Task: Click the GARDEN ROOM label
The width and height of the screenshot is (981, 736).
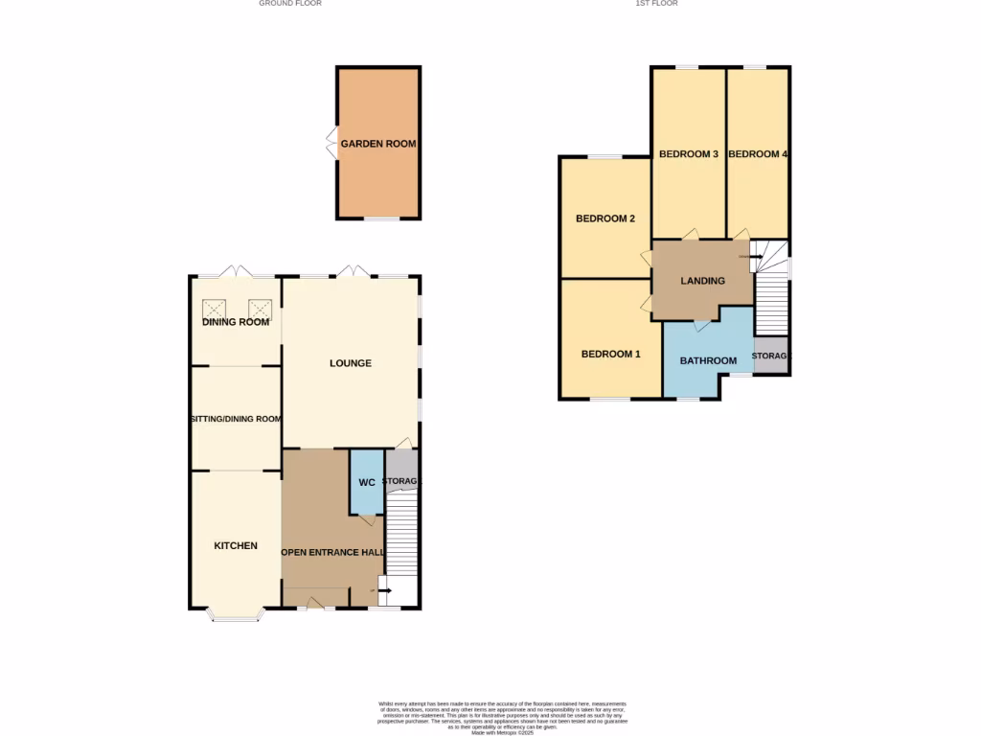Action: pyautogui.click(x=378, y=144)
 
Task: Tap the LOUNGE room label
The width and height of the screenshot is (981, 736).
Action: pyautogui.click(x=351, y=363)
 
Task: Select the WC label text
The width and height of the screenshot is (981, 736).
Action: pyautogui.click(x=367, y=482)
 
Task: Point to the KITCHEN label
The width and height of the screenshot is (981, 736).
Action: pyautogui.click(x=236, y=545)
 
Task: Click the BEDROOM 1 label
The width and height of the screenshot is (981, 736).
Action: pyautogui.click(x=611, y=354)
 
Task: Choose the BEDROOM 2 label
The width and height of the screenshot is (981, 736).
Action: pyautogui.click(x=605, y=218)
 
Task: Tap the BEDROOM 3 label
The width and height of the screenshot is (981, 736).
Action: pyautogui.click(x=689, y=153)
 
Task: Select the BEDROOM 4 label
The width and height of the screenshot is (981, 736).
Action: pyautogui.click(x=758, y=153)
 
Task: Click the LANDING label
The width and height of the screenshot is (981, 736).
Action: pyautogui.click(x=702, y=281)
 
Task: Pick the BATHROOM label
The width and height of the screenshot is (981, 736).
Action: pyautogui.click(x=708, y=361)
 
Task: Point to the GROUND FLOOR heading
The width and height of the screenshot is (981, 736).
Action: pyautogui.click(x=290, y=4)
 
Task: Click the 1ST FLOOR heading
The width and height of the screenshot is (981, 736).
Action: pyautogui.click(x=656, y=4)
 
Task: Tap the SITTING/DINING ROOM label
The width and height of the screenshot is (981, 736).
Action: pyautogui.click(x=236, y=419)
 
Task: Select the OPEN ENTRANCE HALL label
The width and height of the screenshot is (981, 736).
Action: pyautogui.click(x=331, y=553)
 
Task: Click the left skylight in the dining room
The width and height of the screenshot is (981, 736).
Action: pyautogui.click(x=213, y=309)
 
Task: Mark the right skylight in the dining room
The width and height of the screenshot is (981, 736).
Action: pyautogui.click(x=260, y=309)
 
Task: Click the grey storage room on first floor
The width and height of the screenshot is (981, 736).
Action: pyautogui.click(x=771, y=356)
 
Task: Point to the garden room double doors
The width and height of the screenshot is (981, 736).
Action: pyautogui.click(x=331, y=144)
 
